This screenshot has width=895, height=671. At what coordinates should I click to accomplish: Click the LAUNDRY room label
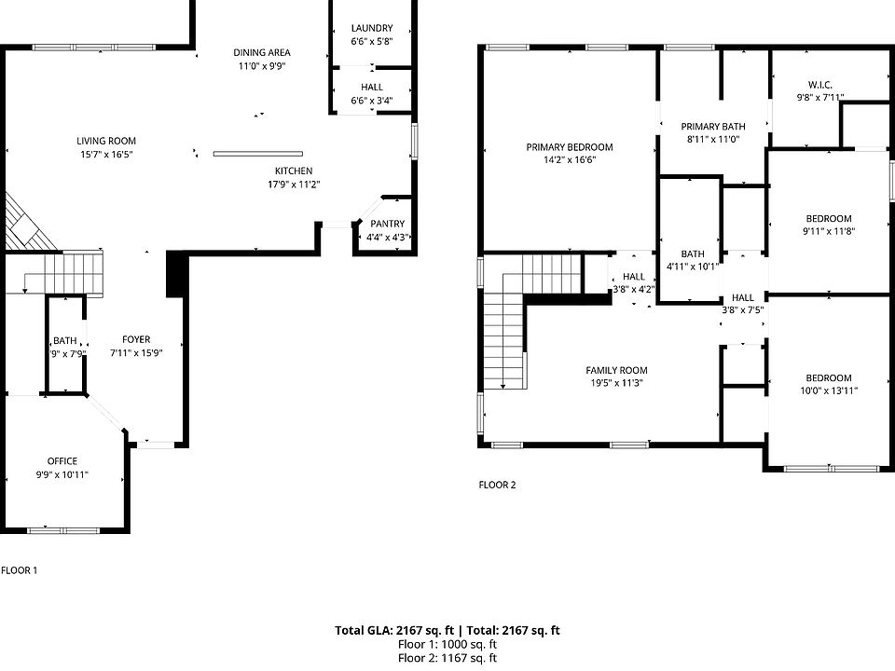(x=372, y=28)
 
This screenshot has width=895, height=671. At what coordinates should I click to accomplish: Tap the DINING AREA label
(x=261, y=52)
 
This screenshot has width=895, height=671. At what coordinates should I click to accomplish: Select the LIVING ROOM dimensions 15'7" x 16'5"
(x=106, y=154)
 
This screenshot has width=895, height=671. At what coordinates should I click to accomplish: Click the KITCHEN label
(x=294, y=171)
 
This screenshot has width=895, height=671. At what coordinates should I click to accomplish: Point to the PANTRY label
(x=388, y=224)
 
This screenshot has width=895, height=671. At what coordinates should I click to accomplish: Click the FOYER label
(x=136, y=339)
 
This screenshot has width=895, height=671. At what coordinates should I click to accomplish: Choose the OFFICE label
(x=62, y=461)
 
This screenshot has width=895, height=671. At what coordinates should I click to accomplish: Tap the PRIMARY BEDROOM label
(x=570, y=147)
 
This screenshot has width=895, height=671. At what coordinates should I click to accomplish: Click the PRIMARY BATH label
(x=713, y=127)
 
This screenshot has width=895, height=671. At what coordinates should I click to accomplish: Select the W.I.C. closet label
(x=820, y=85)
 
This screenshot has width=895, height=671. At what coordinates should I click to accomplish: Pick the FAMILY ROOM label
(x=616, y=370)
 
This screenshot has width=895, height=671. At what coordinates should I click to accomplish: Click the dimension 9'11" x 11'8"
(x=829, y=232)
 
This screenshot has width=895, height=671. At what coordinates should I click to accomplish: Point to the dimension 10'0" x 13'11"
(x=829, y=390)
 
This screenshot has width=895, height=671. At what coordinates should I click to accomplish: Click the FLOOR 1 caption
(x=20, y=570)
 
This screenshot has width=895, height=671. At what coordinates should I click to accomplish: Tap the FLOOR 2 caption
(x=497, y=485)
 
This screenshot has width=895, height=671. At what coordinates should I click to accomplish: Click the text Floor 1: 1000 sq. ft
(x=447, y=644)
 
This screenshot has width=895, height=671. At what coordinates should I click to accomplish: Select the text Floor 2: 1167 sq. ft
(x=447, y=658)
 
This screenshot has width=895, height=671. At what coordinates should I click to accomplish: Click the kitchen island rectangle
(x=258, y=154)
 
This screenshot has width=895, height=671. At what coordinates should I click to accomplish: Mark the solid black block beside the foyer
(x=176, y=274)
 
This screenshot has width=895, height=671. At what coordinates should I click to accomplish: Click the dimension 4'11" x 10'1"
(x=693, y=267)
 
